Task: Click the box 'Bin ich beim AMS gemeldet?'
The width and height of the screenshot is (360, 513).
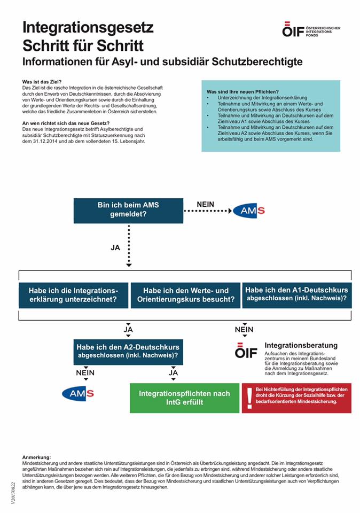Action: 128,209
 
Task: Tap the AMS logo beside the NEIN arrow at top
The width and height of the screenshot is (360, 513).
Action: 249,211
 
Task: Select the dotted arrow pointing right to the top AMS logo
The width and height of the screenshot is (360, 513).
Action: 206,211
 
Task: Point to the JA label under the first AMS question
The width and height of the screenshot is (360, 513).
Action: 115,248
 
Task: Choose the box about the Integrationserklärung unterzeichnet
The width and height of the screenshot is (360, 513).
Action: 74,295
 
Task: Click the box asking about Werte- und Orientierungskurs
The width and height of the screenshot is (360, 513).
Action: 185,295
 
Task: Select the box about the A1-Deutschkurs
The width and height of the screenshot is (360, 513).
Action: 296,294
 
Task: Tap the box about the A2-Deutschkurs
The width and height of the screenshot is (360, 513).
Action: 128,351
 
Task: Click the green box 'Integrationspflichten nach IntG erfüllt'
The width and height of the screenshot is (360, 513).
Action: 184,398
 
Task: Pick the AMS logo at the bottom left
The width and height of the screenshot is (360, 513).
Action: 78,394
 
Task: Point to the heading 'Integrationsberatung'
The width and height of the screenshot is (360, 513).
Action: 301,346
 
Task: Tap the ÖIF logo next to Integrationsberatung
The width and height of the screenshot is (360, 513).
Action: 246,352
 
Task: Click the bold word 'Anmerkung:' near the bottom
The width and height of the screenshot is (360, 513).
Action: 37,457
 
